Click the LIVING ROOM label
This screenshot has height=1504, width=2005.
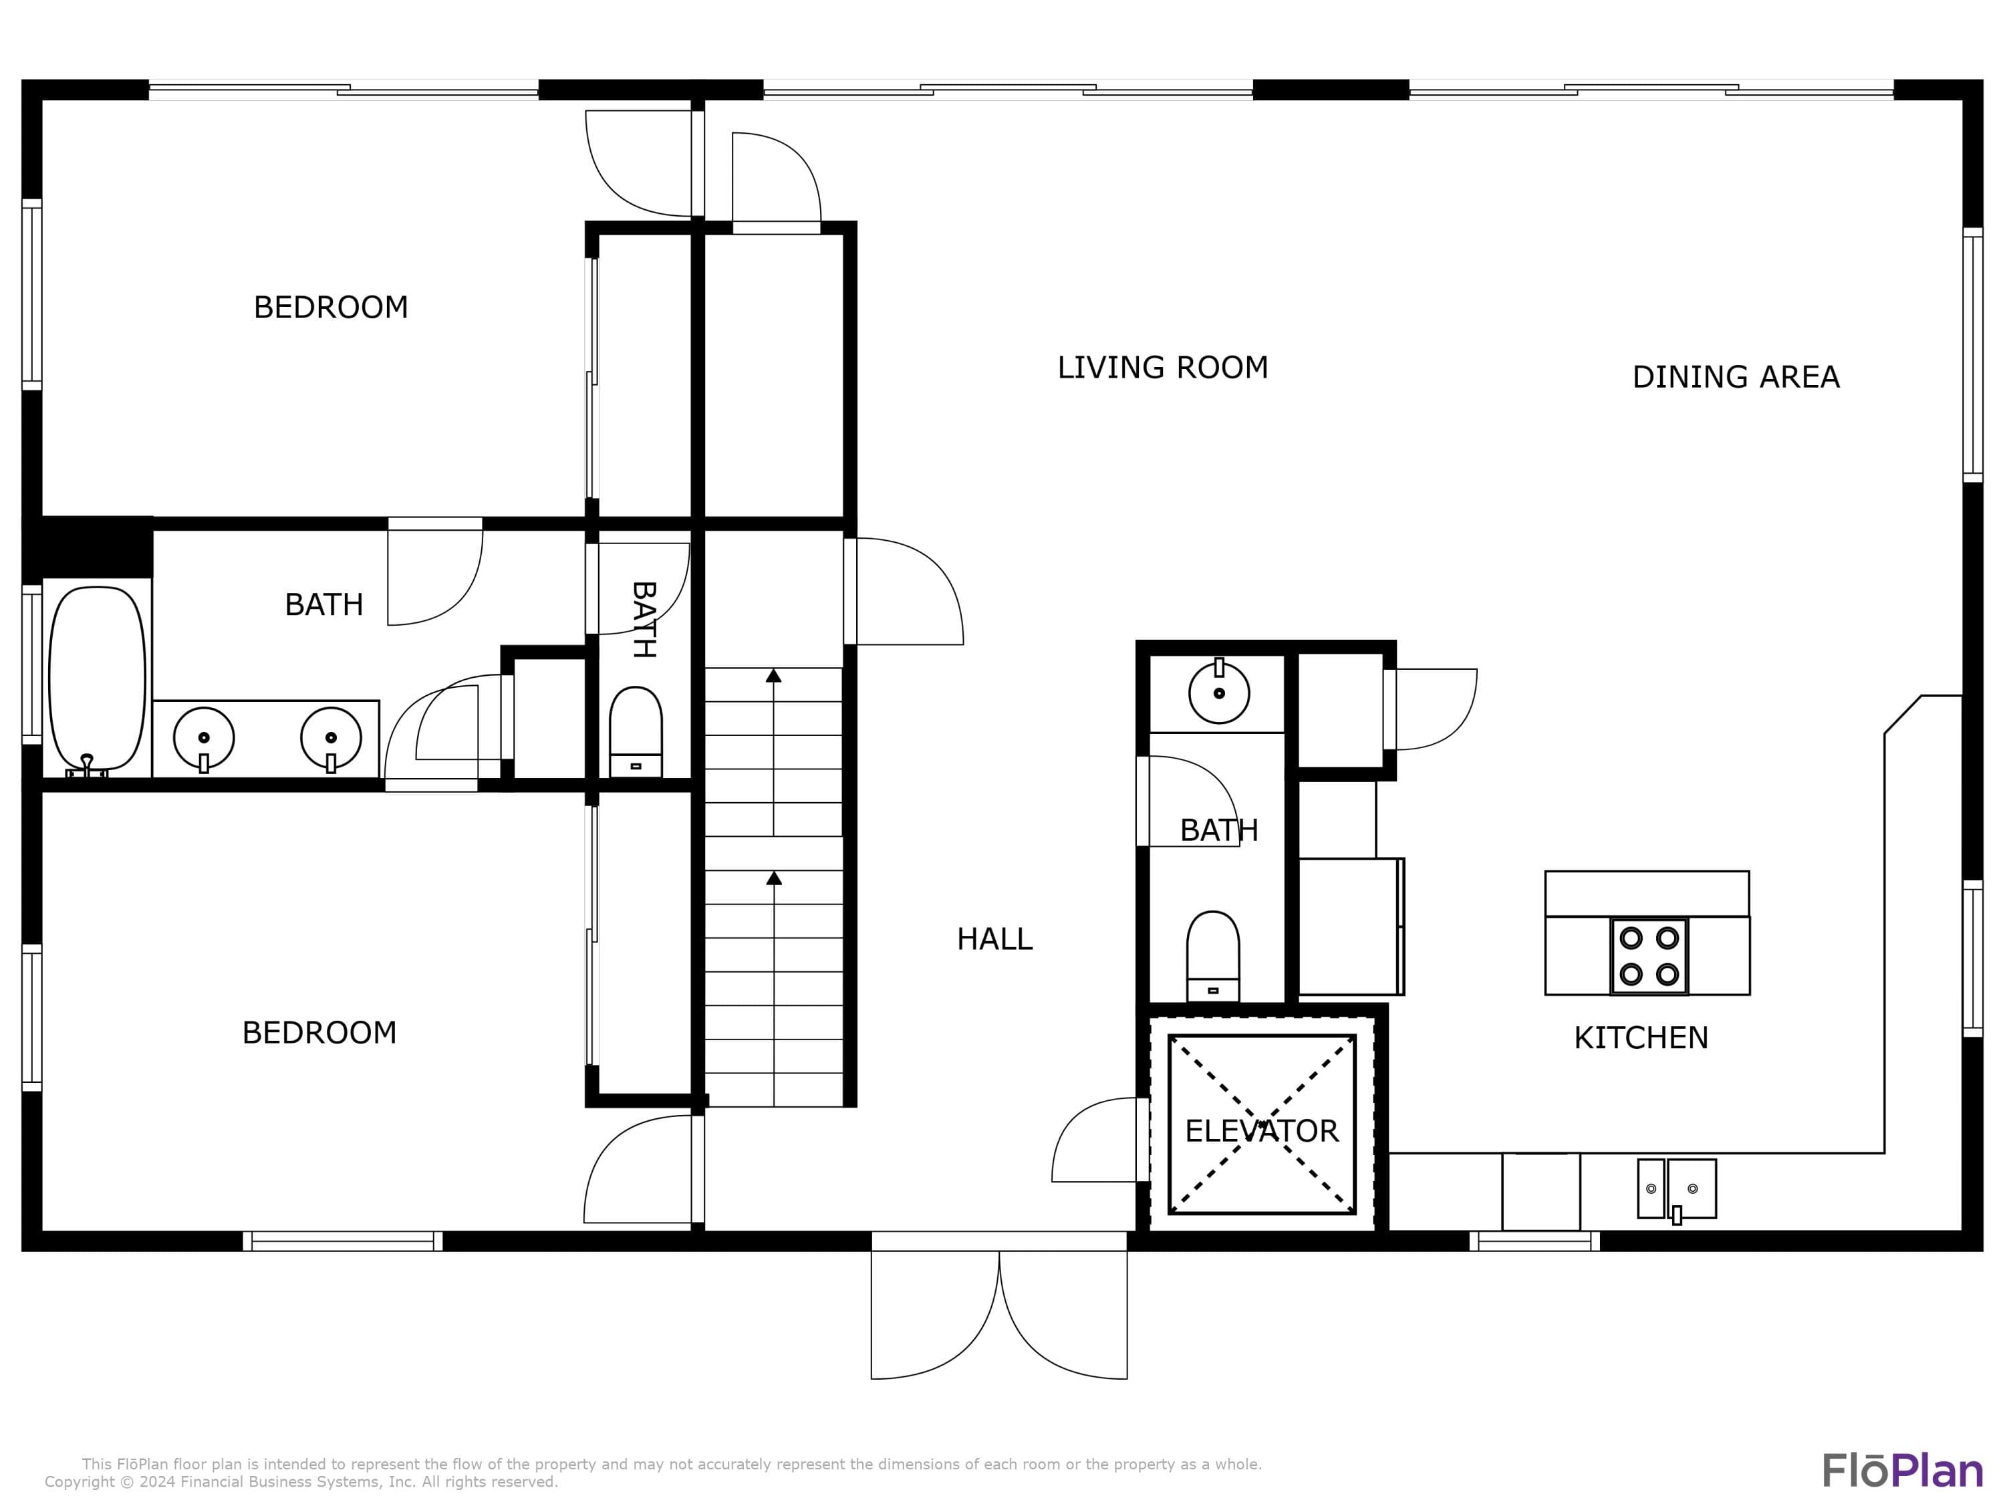tap(1162, 367)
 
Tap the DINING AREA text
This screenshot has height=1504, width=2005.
tap(1736, 376)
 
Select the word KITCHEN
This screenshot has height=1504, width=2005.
tap(1641, 1037)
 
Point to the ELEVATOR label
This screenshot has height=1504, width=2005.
tap(1262, 1130)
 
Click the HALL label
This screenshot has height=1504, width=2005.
tap(994, 938)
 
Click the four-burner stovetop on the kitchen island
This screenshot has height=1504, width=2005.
tap(1649, 955)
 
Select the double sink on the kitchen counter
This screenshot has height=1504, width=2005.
tap(1676, 1188)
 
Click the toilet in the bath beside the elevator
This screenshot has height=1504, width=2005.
tap(1213, 955)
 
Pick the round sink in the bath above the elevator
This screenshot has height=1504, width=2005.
tap(1219, 693)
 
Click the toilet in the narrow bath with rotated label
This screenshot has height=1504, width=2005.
tap(636, 731)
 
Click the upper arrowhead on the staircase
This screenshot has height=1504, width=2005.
tap(773, 675)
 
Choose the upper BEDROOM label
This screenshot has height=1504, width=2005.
tap(331, 307)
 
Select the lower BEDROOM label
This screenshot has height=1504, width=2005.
tap(319, 1033)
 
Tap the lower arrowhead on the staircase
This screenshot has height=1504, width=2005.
tap(774, 878)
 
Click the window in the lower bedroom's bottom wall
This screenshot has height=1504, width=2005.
tap(343, 1241)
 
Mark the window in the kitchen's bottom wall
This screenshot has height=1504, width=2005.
tap(1534, 1241)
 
